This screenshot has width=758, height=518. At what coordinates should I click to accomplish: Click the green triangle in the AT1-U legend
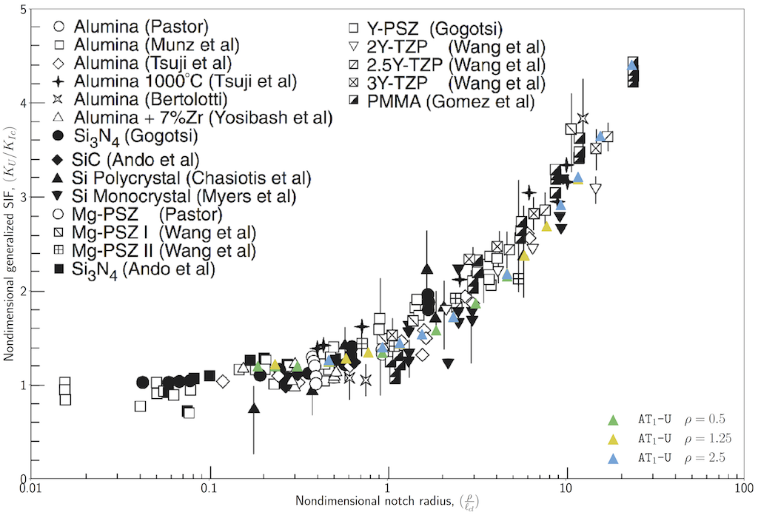[x=612, y=420]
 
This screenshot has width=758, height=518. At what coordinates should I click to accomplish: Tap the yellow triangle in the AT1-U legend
[x=612, y=440]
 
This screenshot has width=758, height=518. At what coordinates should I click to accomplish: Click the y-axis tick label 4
[x=24, y=104]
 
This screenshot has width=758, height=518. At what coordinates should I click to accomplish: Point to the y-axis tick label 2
[x=24, y=291]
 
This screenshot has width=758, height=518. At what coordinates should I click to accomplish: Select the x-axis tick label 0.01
[x=30, y=490]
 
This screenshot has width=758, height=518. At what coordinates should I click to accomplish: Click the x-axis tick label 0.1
[x=210, y=490]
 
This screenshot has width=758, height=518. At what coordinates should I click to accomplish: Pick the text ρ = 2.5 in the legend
[x=706, y=459]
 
